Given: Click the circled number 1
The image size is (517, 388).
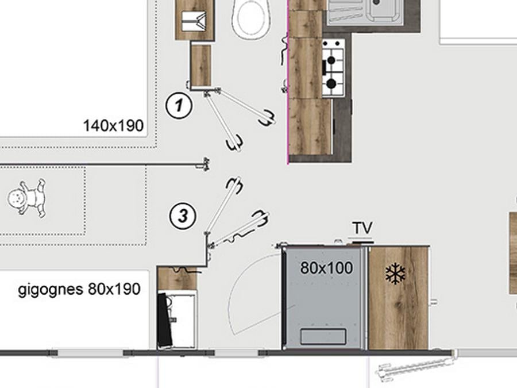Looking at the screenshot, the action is point(179,106).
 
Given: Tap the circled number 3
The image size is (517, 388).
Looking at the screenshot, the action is point(183,216).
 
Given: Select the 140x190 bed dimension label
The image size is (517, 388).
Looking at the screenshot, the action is point(113,126).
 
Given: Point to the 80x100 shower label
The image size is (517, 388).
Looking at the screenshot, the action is point(326,268).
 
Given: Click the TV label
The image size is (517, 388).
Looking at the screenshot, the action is point(362,228).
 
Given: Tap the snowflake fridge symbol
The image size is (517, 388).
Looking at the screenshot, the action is point(395,274).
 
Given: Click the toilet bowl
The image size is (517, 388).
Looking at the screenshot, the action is point(251,19).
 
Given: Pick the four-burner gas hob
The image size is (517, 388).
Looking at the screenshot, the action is point(333,68).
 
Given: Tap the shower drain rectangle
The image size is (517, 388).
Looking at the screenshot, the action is point(323,336).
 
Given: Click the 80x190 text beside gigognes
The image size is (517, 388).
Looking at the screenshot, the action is point(114,289).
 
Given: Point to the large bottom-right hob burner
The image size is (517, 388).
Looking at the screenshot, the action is point(331,84).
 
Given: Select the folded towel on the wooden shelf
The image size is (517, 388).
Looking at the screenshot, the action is point(194,21).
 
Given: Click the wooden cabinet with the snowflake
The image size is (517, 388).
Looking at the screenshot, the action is point(399,297).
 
